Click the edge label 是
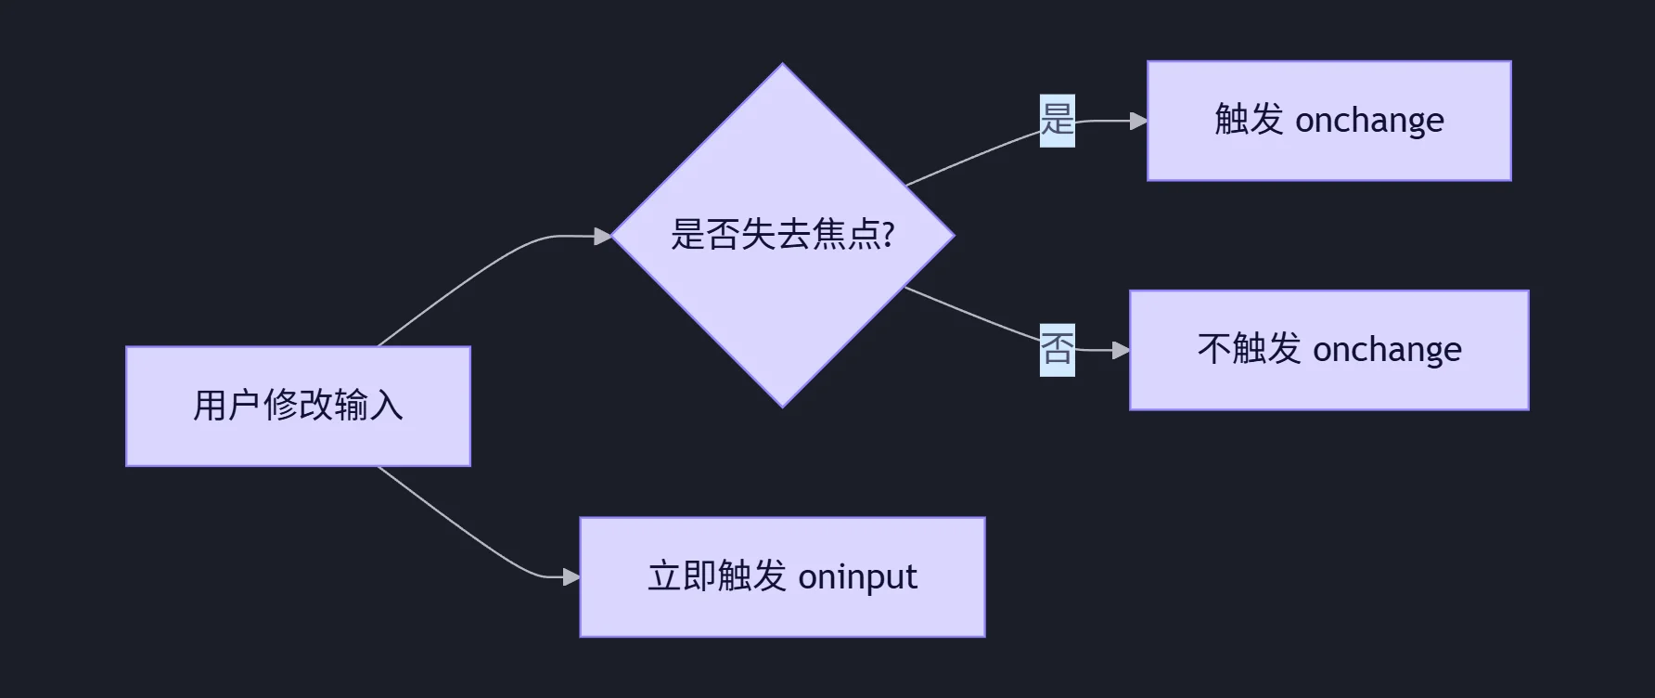point(1057,120)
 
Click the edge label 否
point(1057,349)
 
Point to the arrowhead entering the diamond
point(603,237)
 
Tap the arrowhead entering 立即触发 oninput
point(571,577)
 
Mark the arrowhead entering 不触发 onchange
point(1121,350)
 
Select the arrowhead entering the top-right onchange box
point(1138,121)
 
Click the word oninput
point(857,577)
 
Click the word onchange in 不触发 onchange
point(1387,350)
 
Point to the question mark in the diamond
point(889,234)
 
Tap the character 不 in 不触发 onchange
point(1214,349)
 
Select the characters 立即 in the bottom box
point(682,576)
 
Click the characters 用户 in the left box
point(227,406)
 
